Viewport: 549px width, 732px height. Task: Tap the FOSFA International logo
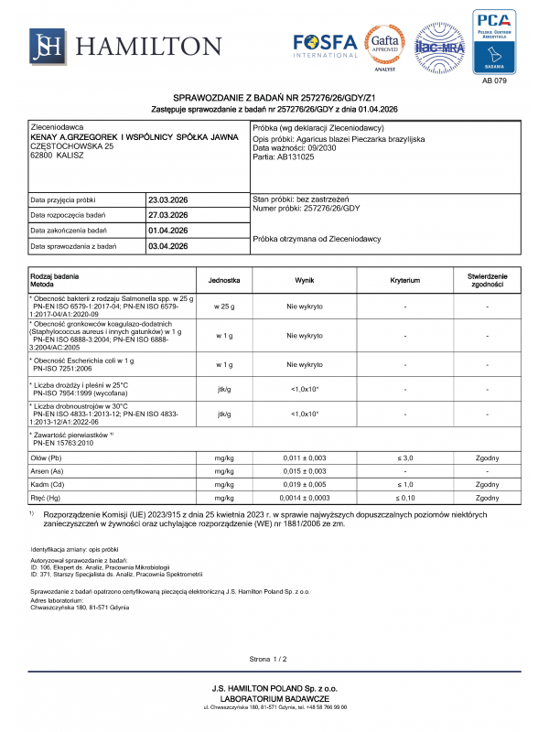tap(326, 45)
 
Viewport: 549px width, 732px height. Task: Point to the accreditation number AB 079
tap(493, 81)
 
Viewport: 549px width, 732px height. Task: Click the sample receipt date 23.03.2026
tap(167, 199)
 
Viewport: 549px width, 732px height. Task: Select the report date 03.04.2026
tap(167, 246)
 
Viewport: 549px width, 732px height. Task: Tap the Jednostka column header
tap(224, 281)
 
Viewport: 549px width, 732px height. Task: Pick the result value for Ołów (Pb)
tap(304, 457)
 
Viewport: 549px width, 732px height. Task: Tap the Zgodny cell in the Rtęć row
tap(487, 498)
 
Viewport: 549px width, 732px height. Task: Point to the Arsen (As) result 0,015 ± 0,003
tap(304, 470)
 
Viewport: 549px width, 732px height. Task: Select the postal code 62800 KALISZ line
tap(58, 156)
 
